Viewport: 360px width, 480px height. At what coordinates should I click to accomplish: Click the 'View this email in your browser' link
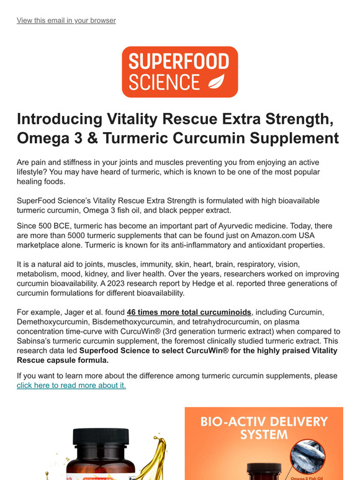(66, 20)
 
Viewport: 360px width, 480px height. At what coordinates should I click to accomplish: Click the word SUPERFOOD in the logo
(179, 61)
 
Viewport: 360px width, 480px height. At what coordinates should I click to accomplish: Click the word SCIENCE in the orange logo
(165, 82)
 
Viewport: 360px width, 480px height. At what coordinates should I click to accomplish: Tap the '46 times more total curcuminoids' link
(189, 311)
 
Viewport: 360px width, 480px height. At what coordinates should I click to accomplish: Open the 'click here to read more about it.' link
(71, 385)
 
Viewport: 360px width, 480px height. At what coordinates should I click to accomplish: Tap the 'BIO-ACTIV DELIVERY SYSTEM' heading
(264, 428)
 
